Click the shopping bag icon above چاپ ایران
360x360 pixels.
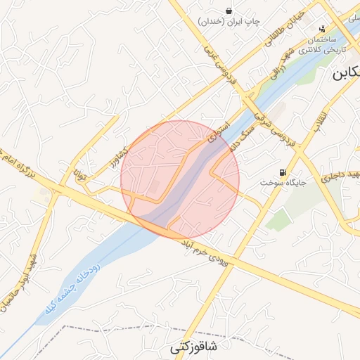(229, 10)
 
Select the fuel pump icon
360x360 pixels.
(283, 172)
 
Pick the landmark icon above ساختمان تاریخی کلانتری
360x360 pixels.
(322, 29)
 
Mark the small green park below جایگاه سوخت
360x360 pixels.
(278, 220)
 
